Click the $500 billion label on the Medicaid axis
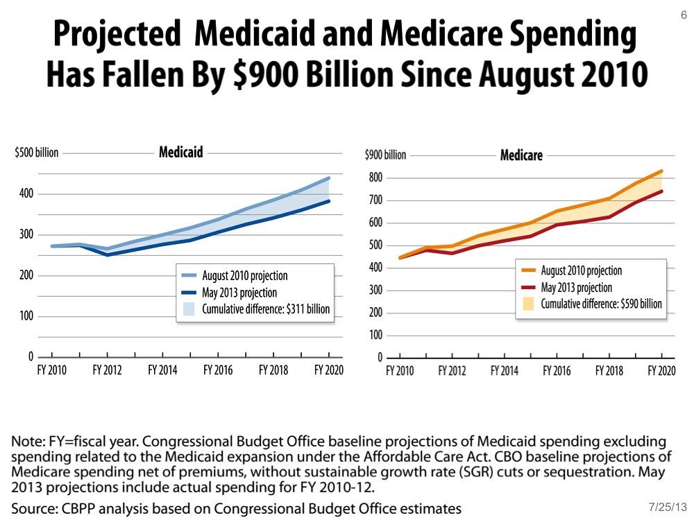pyautogui.click(x=36, y=153)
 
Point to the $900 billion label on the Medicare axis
pyautogui.click(x=385, y=155)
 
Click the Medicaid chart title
pyautogui.click(x=181, y=152)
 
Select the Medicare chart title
pyautogui.click(x=521, y=155)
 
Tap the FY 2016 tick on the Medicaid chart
pyautogui.click(x=218, y=370)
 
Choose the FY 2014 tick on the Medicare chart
pyautogui.click(x=505, y=371)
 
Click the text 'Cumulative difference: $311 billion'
pyautogui.click(x=266, y=309)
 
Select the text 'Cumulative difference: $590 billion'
pyautogui.click(x=601, y=304)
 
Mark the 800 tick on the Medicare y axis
pyautogui.click(x=375, y=178)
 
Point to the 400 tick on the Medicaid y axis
pyautogui.click(x=26, y=193)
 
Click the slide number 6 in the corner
pyautogui.click(x=684, y=15)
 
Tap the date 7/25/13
pyautogui.click(x=665, y=508)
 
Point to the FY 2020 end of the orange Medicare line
pyautogui.click(x=662, y=171)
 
